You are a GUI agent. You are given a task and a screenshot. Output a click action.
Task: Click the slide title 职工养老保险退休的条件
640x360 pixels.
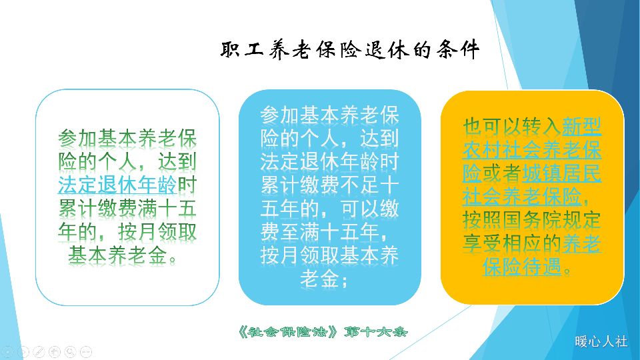click(x=349, y=50)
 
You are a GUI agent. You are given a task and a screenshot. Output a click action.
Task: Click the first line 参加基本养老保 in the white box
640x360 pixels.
click(x=127, y=139)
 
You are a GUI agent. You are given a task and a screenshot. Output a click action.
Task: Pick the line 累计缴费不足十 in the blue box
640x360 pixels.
click(x=329, y=185)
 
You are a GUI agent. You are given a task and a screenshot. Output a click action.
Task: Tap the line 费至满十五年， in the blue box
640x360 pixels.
click(x=329, y=232)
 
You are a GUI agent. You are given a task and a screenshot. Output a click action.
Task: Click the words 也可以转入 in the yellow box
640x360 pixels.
click(x=513, y=126)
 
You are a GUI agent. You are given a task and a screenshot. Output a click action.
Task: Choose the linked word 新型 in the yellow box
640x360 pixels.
click(x=582, y=126)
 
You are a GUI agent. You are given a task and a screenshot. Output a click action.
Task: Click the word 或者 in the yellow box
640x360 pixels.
click(x=501, y=173)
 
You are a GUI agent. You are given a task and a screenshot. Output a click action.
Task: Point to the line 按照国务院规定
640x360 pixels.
click(x=532, y=220)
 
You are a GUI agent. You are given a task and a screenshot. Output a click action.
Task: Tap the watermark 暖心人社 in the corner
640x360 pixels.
click(x=601, y=341)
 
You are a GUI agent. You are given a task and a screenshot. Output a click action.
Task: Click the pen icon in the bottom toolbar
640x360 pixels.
click(x=39, y=351)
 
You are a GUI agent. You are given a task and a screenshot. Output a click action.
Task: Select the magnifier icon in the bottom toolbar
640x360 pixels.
click(x=70, y=351)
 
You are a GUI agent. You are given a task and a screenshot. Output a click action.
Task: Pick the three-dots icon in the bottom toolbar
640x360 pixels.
click(x=86, y=351)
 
